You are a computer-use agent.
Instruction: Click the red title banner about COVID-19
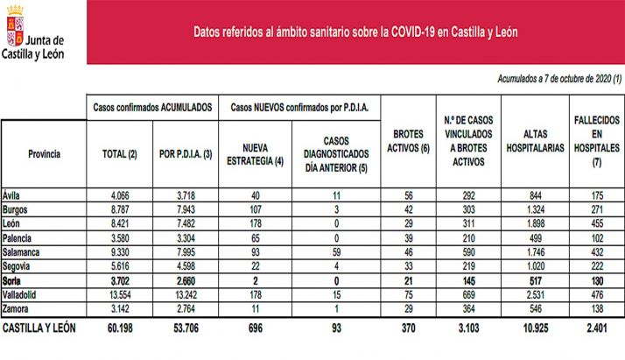(x=355, y=32)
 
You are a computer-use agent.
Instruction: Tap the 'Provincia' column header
(x=44, y=153)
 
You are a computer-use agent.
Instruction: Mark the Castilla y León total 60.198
(x=118, y=328)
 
